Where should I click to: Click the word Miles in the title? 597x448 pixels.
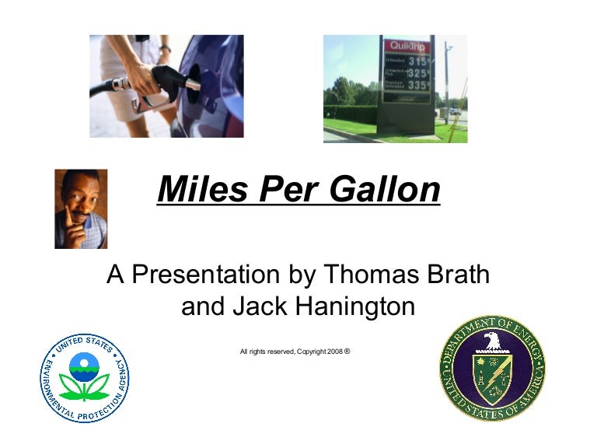tap(199, 190)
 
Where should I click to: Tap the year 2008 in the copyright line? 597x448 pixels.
tap(334, 352)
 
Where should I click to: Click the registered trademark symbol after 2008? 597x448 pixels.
tap(347, 351)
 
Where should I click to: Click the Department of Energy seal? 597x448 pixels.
tap(492, 368)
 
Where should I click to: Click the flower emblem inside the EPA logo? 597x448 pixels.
tap(85, 377)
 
